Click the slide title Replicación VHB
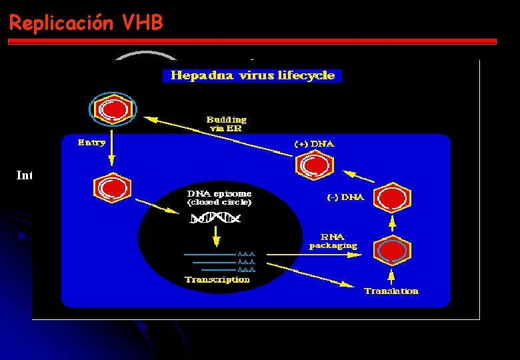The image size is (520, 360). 86,23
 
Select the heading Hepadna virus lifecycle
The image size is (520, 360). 252,75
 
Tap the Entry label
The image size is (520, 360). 91,142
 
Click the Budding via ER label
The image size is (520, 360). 226,123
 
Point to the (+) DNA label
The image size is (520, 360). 314,144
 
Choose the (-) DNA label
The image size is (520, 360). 345,197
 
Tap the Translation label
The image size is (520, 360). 391,291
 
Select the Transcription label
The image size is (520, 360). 217,279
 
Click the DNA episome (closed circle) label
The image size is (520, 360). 219,197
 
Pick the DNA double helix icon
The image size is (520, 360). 215,218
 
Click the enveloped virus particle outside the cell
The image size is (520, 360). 113,108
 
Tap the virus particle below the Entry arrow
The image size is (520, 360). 112,189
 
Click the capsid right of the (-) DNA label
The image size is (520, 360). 392,198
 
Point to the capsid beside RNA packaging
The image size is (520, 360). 392,251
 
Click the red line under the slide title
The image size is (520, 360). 252,41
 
